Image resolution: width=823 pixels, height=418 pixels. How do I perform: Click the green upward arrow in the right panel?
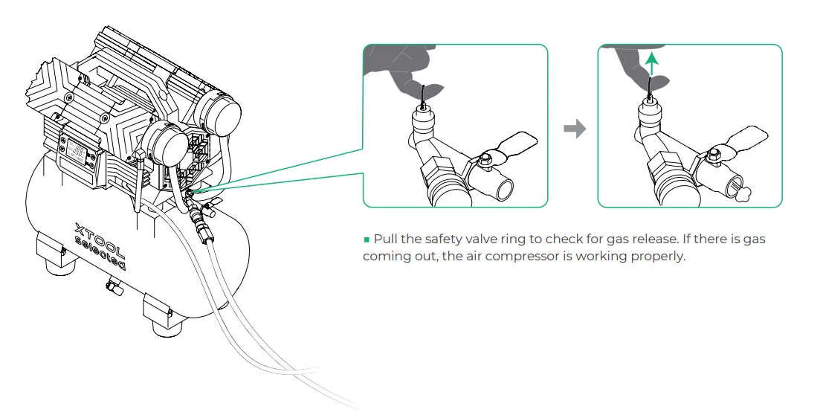pos(651,64)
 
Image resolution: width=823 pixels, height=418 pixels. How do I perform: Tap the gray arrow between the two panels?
pos(574,129)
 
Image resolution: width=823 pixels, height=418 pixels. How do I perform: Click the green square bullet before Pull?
pos(367,240)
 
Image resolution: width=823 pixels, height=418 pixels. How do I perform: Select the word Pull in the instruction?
pos(385,239)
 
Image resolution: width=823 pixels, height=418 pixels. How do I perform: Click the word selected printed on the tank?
pos(100,254)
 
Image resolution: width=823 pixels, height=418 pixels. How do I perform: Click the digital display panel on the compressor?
pos(77,152)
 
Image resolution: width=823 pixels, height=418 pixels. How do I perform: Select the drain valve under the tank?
pos(113,286)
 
